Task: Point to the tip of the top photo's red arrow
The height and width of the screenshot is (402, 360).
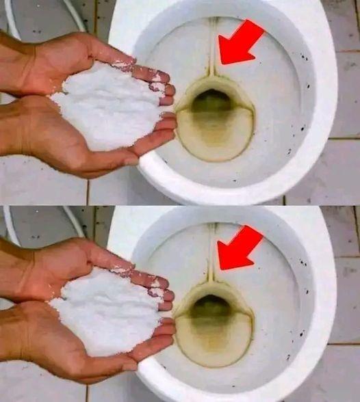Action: [221, 62]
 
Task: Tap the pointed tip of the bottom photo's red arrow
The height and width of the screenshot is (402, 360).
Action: [220, 267]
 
